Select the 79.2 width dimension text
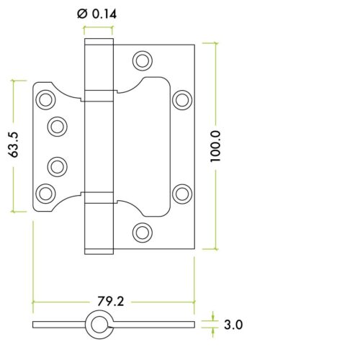(110, 301)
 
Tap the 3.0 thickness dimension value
(231, 325)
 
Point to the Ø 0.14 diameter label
(97, 13)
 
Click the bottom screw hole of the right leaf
(143, 232)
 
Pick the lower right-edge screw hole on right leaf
(181, 192)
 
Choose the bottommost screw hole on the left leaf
(46, 192)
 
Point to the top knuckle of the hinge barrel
(99, 66)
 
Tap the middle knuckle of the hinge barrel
(99, 145)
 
